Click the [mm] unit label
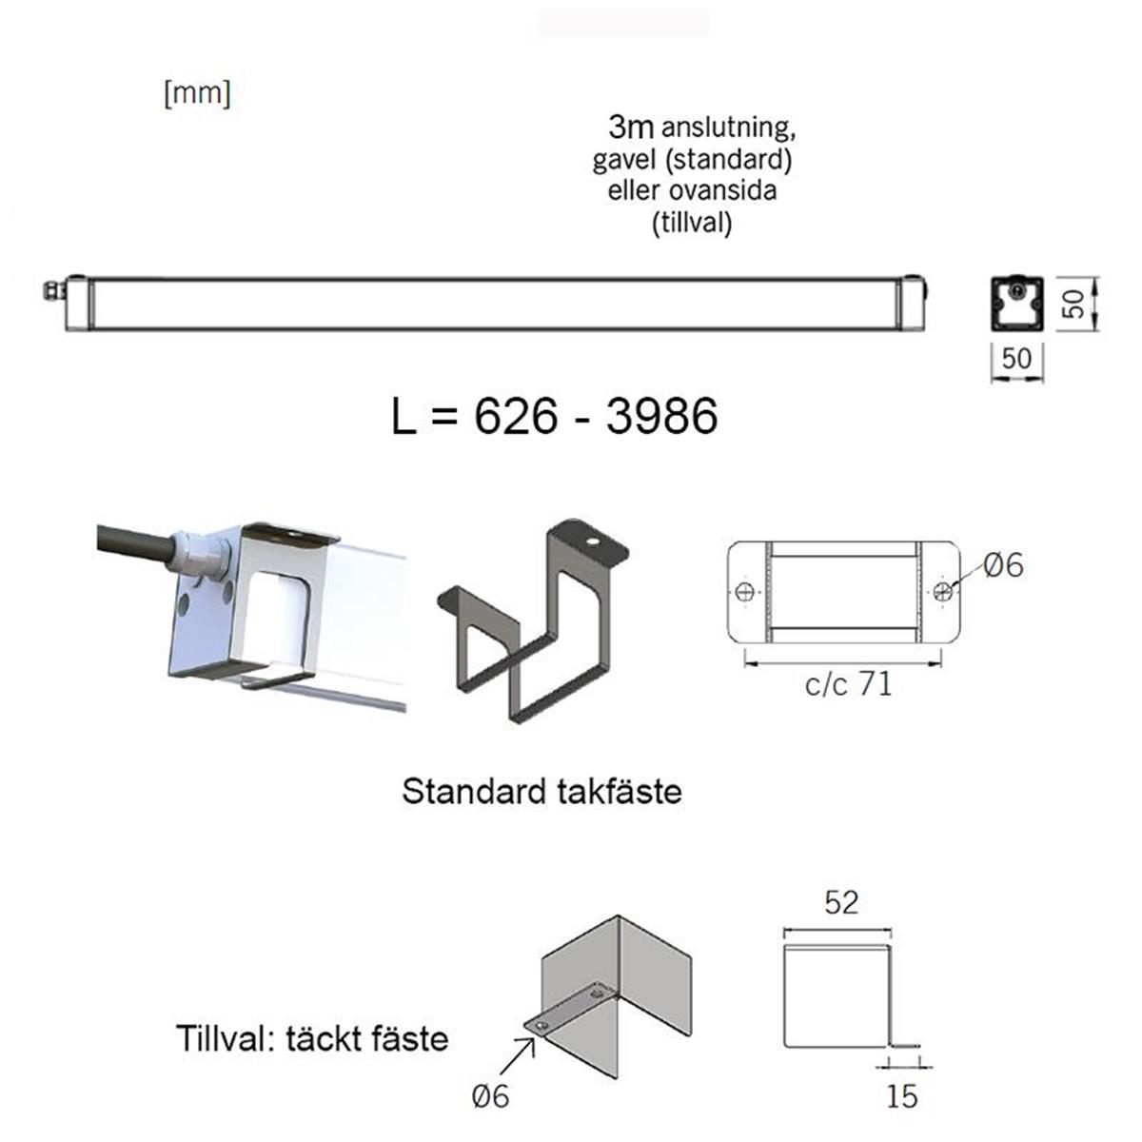pos(197,94)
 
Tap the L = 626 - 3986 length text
pos(554,416)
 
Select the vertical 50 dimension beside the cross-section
pos(1073,304)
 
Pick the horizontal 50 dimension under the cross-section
pos(1016,359)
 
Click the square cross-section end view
pos(1017,304)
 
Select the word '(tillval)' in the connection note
pos(692,224)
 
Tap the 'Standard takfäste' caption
pos(541,792)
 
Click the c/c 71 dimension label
pos(848,684)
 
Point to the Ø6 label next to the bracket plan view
pos(1003,565)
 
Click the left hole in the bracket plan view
pos(745,591)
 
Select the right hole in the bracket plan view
pos(942,591)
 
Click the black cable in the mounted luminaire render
pos(133,541)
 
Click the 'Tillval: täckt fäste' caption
pos(311,1037)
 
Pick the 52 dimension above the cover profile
pos(841,902)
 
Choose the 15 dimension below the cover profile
pos(901,1096)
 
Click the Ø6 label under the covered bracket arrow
pos(491,1096)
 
